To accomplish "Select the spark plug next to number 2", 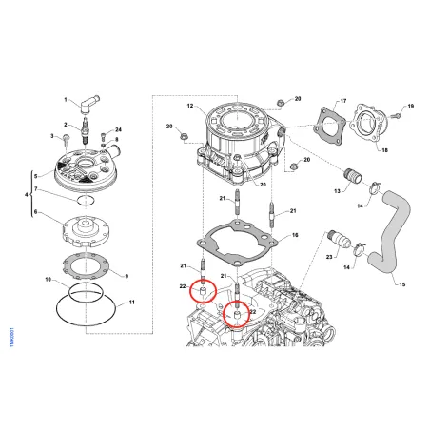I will click(x=89, y=127).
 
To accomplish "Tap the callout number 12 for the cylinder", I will click(x=190, y=106).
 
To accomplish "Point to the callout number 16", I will click(x=295, y=234).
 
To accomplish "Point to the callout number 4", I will click(x=26, y=195).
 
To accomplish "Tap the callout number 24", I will click(x=118, y=129).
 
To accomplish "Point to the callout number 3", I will click(x=54, y=136).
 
